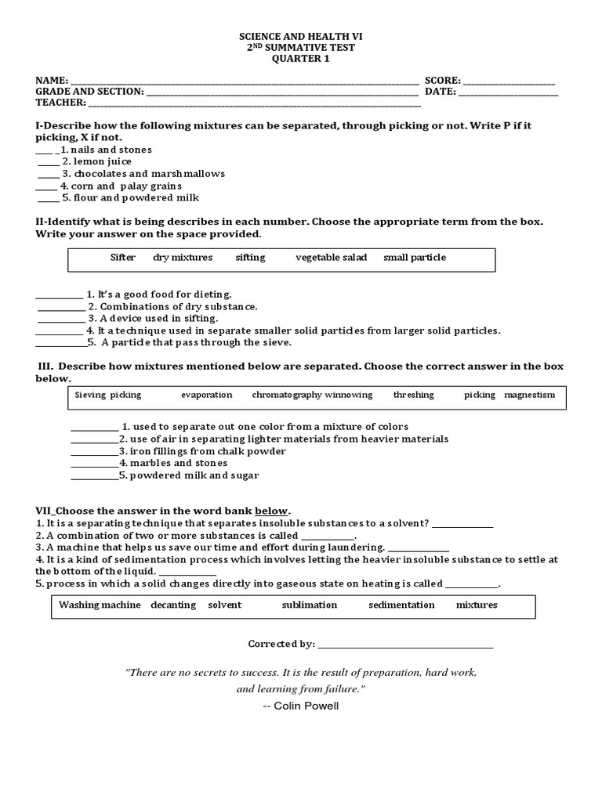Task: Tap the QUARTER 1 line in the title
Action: pyautogui.click(x=301, y=59)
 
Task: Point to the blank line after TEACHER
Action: pyautogui.click(x=254, y=103)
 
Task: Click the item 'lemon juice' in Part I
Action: pyautogui.click(x=103, y=161)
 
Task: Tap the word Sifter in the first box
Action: pyautogui.click(x=123, y=258)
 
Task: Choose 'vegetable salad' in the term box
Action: pyautogui.click(x=331, y=258)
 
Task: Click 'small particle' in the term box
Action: pyautogui.click(x=414, y=258)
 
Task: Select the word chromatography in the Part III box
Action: pyautogui.click(x=287, y=396)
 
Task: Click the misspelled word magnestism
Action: pyautogui.click(x=529, y=396)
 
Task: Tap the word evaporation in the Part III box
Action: pyautogui.click(x=207, y=396)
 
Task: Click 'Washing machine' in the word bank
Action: pyautogui.click(x=100, y=605)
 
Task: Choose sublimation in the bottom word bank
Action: pyautogui.click(x=310, y=605)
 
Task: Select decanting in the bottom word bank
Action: pyautogui.click(x=172, y=605)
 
